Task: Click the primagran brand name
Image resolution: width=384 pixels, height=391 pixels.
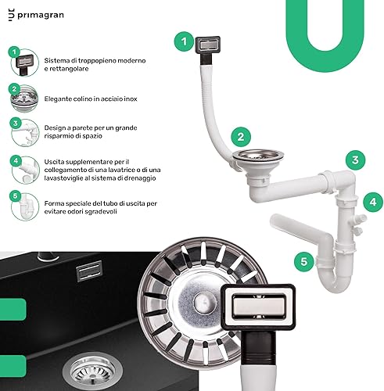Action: [41, 15]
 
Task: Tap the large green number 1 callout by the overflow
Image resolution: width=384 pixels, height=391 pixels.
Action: [184, 41]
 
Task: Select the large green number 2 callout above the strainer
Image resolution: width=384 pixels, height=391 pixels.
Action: [241, 137]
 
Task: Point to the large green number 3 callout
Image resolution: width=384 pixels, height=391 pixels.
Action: [355, 160]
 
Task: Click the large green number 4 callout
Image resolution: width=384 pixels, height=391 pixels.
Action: [373, 202]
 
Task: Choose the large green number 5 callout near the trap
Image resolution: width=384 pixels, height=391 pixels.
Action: [304, 261]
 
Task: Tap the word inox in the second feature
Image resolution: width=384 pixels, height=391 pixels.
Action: [131, 99]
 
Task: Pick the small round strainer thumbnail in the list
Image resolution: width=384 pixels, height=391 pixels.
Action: [24, 99]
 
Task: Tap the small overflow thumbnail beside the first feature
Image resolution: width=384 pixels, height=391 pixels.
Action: [24, 63]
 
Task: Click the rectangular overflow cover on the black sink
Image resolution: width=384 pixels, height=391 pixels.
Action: [89, 271]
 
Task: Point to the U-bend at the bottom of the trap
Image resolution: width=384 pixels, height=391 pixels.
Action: [336, 279]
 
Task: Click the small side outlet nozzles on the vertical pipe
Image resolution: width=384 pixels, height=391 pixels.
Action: [359, 224]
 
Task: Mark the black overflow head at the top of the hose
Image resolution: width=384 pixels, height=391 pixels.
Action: [208, 48]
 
